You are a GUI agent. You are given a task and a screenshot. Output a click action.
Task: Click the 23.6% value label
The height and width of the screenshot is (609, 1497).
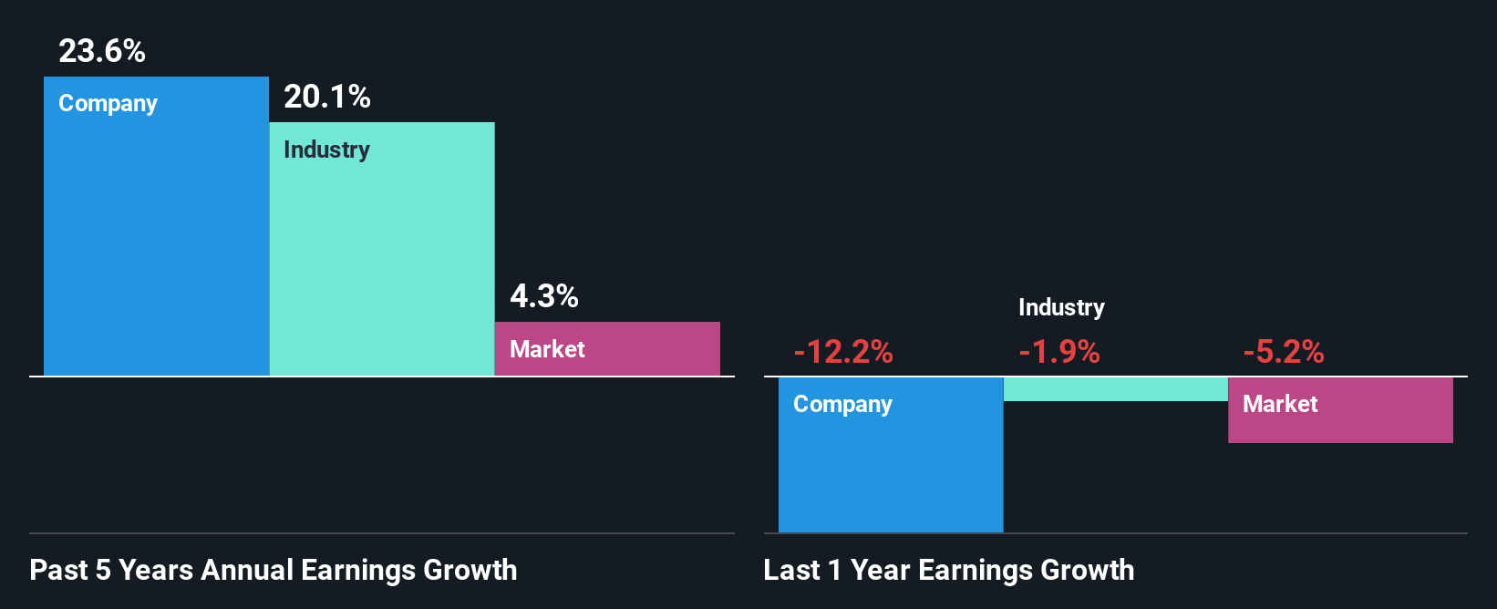click(102, 51)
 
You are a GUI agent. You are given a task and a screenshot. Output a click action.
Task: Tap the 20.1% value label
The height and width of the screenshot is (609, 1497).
click(327, 97)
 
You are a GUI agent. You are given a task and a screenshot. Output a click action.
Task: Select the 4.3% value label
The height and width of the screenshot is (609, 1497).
click(544, 296)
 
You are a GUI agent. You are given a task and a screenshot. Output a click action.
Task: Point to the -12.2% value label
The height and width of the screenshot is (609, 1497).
click(843, 352)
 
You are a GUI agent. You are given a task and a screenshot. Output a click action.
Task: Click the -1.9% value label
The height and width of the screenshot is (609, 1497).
click(1059, 352)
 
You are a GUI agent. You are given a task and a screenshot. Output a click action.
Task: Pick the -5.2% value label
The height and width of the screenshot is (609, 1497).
click(1284, 352)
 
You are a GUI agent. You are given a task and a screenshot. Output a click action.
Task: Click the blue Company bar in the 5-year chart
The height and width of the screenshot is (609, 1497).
click(156, 246)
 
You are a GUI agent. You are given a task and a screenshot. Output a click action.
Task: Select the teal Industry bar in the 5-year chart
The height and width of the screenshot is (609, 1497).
click(382, 264)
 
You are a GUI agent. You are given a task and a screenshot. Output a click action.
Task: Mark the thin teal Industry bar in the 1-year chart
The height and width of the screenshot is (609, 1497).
click(1116, 389)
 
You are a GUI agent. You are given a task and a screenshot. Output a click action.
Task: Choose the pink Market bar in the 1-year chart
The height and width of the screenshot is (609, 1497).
click(1340, 425)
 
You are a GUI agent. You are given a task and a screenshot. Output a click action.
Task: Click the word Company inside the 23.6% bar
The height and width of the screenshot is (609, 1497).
click(108, 104)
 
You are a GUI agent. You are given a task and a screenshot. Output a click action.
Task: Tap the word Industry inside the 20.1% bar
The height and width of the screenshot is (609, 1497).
click(327, 150)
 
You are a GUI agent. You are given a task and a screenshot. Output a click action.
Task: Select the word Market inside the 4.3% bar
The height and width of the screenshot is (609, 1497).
click(547, 349)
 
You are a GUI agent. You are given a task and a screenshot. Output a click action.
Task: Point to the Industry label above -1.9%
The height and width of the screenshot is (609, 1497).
click(1061, 308)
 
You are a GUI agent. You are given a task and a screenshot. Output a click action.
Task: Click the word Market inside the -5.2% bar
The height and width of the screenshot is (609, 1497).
click(1280, 404)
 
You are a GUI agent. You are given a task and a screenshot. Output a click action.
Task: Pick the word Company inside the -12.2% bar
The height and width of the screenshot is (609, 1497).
click(843, 405)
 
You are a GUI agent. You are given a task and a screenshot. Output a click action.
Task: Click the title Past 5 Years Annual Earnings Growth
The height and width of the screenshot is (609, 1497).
click(274, 571)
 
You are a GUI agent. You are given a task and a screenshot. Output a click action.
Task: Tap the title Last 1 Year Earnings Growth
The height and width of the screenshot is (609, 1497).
click(949, 571)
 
